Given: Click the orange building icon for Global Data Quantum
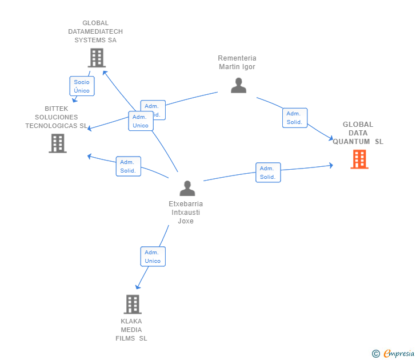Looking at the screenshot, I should (x=359, y=159).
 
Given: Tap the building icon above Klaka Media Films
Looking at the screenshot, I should (x=133, y=304).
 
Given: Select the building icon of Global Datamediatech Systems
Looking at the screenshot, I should (x=97, y=58).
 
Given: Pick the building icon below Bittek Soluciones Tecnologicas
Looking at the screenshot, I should (x=58, y=143).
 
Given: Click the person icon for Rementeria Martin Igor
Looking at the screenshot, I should (x=238, y=85).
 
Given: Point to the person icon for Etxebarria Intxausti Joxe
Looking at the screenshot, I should (x=187, y=188).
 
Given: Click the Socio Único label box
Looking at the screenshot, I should (x=82, y=86).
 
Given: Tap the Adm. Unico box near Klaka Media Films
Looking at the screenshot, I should (x=153, y=257).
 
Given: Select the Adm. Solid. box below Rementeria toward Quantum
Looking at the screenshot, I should (x=294, y=118).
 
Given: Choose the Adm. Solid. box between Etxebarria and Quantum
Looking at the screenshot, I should (x=267, y=173).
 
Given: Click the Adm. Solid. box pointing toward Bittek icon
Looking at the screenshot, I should (x=128, y=166).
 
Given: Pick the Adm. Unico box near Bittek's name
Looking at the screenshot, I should (x=141, y=121).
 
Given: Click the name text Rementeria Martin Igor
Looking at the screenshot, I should (x=237, y=62).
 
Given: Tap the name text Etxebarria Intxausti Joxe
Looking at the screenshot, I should (x=186, y=212).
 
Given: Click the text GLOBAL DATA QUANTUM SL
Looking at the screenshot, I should (x=358, y=133).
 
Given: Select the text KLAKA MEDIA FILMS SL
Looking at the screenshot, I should (x=131, y=329).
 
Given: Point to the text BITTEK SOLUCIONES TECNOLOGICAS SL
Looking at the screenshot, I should (x=57, y=117).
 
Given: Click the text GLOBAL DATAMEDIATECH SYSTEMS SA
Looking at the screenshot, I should (x=95, y=31).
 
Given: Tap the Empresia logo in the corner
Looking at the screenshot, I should (x=398, y=353).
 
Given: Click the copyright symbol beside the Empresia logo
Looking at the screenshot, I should (x=376, y=354).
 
